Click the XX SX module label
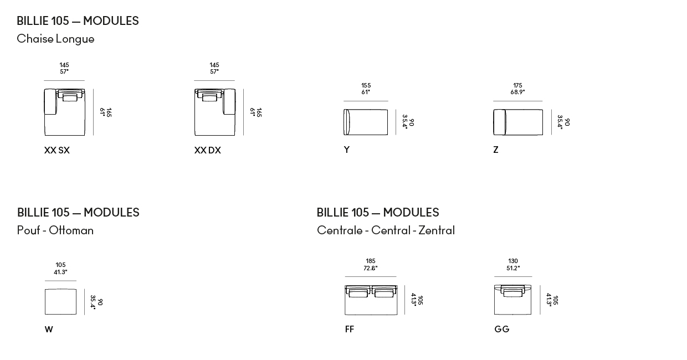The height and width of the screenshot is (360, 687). (x=57, y=150)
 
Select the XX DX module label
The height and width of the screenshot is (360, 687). (x=207, y=150)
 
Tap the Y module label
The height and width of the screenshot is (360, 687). (x=347, y=150)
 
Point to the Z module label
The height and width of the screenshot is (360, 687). (x=496, y=150)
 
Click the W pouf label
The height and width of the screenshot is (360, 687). (x=49, y=330)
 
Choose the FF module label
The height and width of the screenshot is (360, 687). (x=350, y=329)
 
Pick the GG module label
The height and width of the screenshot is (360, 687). (x=502, y=329)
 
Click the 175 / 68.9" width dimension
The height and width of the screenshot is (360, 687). (x=517, y=89)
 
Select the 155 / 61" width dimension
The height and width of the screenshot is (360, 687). (x=366, y=89)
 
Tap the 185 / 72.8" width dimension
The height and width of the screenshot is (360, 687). (x=371, y=265)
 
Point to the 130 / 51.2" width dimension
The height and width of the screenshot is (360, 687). (x=513, y=265)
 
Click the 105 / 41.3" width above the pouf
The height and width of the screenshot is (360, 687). (x=61, y=268)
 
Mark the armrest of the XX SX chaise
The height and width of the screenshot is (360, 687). (x=50, y=102)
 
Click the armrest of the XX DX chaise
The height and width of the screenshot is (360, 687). (x=229, y=102)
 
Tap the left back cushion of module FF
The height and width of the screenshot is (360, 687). (x=358, y=292)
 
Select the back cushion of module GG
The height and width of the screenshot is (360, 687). (x=513, y=291)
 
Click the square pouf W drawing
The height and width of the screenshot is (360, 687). (x=61, y=302)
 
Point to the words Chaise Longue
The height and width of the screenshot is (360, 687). (x=55, y=39)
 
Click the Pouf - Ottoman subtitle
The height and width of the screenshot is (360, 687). (x=55, y=230)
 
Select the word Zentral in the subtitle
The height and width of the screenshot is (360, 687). (x=437, y=230)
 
